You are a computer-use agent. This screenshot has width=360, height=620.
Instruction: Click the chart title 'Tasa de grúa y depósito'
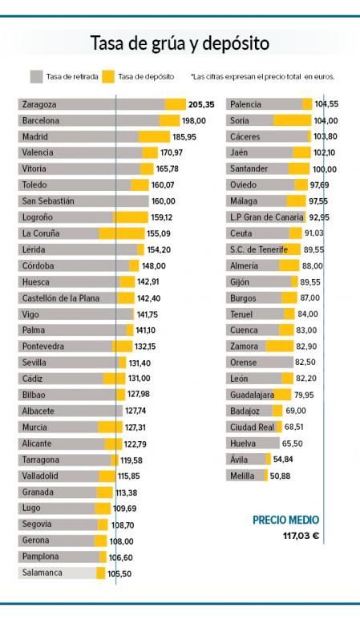[180, 43]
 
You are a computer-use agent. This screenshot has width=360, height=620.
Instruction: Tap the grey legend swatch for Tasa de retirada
[36, 77]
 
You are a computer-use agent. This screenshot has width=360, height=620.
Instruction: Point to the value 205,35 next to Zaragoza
[201, 104]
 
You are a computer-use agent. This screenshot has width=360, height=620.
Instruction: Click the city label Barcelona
[41, 120]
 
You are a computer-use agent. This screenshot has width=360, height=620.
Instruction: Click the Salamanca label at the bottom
[42, 573]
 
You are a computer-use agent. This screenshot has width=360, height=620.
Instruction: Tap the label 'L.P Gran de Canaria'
[267, 217]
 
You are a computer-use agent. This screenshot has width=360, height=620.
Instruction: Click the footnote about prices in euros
[263, 77]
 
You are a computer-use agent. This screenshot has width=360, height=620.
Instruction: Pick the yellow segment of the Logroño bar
[130, 217]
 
